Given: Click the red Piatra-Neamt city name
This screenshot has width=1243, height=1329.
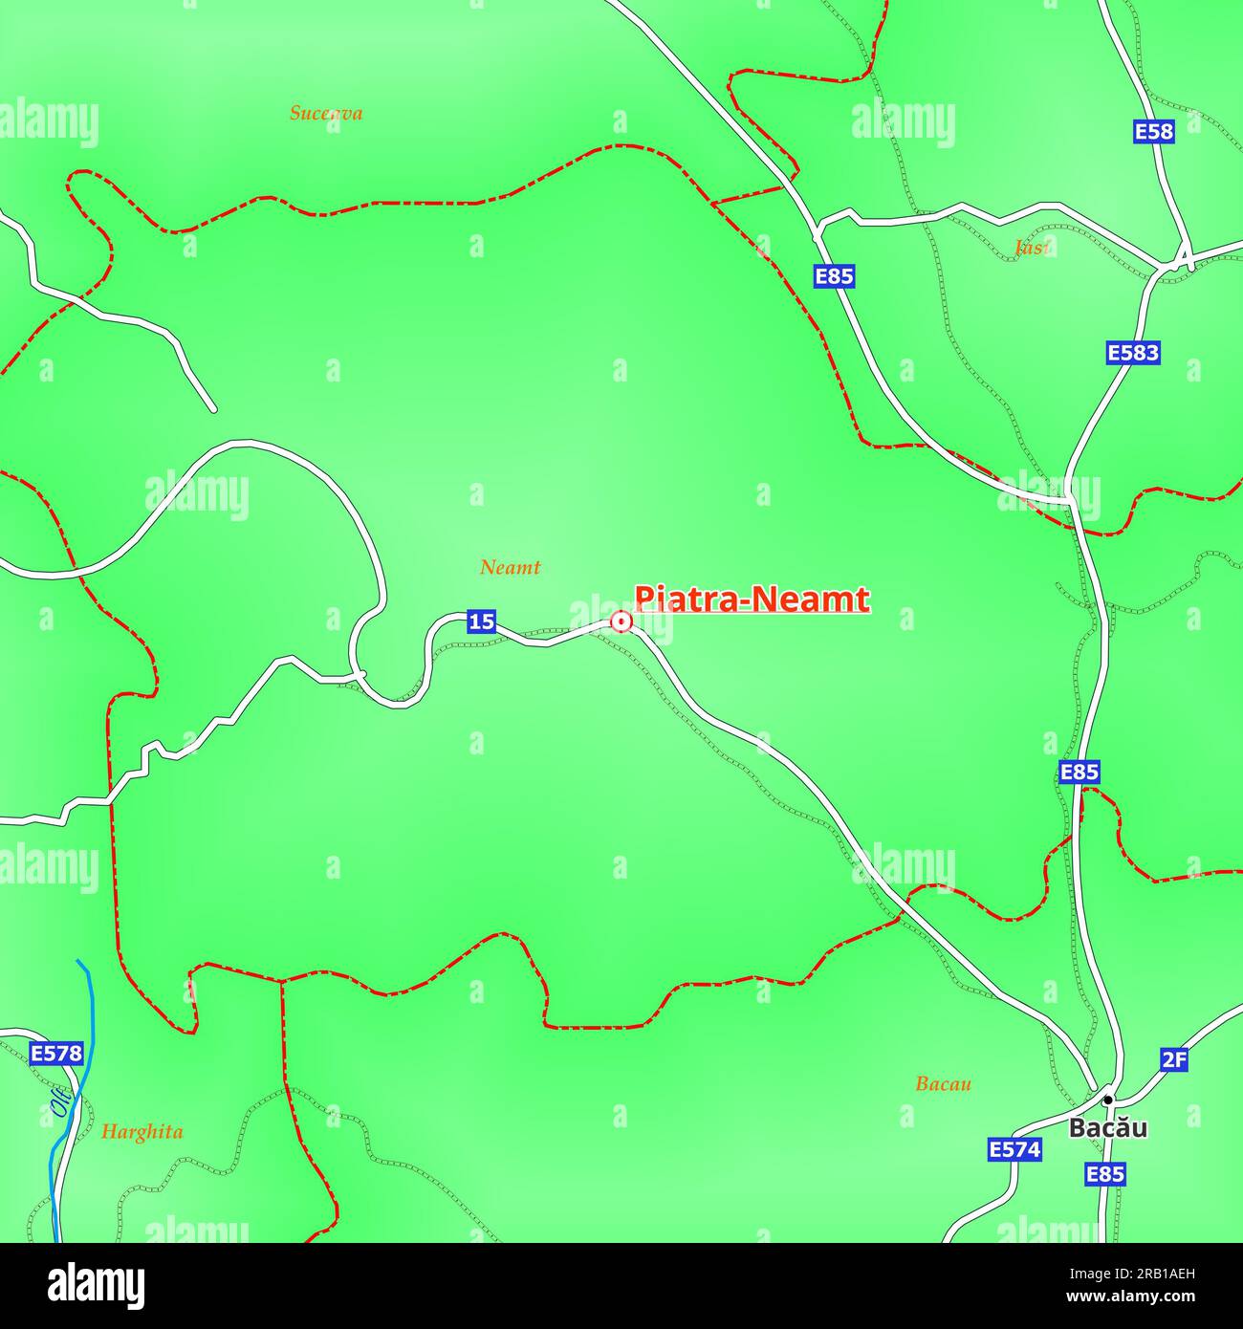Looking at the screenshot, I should click(x=752, y=599).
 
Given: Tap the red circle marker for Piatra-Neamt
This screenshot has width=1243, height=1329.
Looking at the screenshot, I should click(x=621, y=622).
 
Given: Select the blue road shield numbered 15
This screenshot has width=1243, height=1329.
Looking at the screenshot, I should click(x=481, y=621).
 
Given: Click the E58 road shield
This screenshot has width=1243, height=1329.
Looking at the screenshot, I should click(x=1153, y=131).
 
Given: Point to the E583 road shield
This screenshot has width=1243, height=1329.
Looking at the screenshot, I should click(x=1133, y=353).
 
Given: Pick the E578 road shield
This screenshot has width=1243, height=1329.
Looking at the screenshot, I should click(x=56, y=1054).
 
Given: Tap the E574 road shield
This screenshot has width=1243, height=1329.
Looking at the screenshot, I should click(x=1014, y=1149).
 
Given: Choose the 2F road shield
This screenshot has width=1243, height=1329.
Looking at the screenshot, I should click(x=1174, y=1058).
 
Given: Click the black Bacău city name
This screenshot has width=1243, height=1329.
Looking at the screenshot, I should click(x=1107, y=1128).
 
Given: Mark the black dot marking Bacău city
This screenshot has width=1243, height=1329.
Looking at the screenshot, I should click(x=1107, y=1100).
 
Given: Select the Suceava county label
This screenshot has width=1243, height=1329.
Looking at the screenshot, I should click(x=326, y=113).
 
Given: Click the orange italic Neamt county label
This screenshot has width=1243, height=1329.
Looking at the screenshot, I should click(x=510, y=567).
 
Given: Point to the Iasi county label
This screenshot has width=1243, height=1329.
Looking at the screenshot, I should click(x=1031, y=248).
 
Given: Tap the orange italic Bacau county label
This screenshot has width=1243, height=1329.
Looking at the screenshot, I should click(x=943, y=1083).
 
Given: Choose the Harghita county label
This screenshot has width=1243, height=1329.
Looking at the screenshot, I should click(x=142, y=1132).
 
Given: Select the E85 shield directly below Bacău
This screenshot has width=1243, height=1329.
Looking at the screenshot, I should click(x=1104, y=1174).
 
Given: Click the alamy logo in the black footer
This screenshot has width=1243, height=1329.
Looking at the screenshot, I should click(x=96, y=1286).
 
